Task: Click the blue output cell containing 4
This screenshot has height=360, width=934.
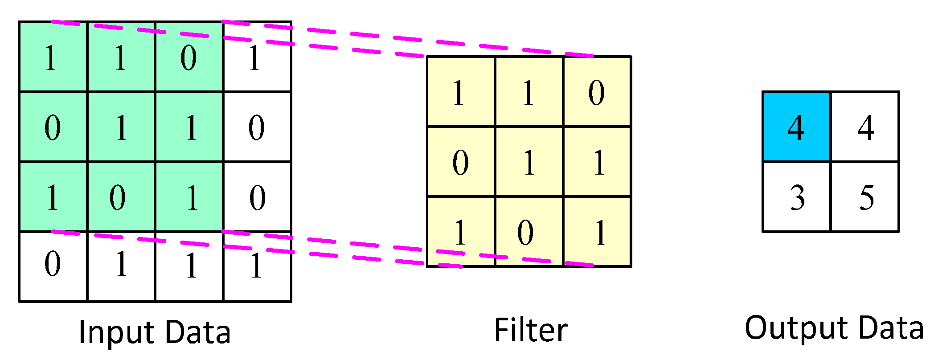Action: pos(796,127)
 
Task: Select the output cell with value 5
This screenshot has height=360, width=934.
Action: pos(865,196)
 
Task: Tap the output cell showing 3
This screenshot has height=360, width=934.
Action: pos(796,196)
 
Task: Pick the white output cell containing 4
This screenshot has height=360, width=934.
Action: pos(865,127)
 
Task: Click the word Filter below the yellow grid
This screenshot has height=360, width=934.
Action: pos(530,330)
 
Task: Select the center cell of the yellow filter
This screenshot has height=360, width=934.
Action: pos(529,161)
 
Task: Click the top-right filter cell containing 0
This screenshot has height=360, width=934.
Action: pos(597,92)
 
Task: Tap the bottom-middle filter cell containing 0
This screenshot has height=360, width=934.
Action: pos(529,231)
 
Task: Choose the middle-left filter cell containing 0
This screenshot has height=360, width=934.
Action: pos(461,161)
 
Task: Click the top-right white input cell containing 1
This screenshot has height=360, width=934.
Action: pos(257,57)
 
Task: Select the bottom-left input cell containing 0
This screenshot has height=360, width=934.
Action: pos(53,266)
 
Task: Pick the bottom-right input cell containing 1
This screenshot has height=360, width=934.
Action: pos(257,266)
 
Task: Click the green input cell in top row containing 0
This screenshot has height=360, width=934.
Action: pos(189,57)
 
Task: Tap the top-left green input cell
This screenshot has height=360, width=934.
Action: pos(53,57)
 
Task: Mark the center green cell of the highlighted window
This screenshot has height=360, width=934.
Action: pos(121,127)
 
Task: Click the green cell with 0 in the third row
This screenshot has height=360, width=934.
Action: pos(121,196)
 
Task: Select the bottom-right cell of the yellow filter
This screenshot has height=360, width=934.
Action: pos(597,231)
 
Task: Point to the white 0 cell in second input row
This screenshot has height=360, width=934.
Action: pos(257,127)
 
